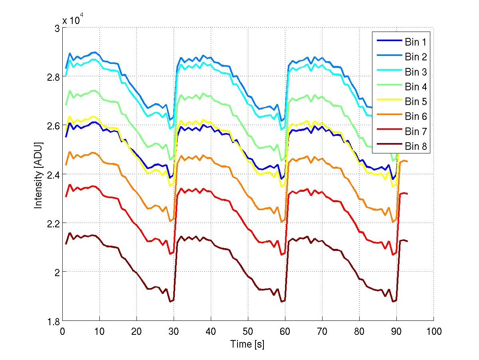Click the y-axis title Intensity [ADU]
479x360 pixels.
pos(39,174)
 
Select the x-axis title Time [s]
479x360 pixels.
pos(247,344)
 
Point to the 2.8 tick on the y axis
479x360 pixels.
pos(53,77)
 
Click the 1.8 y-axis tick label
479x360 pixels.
pos(53,321)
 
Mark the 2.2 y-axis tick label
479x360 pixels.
pos(53,223)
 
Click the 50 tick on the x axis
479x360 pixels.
pos(248,331)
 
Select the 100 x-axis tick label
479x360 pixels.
pos(433,331)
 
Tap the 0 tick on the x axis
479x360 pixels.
pos(62,331)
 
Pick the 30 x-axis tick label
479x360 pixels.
pos(174,331)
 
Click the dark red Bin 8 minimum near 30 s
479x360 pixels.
pos(170,302)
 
